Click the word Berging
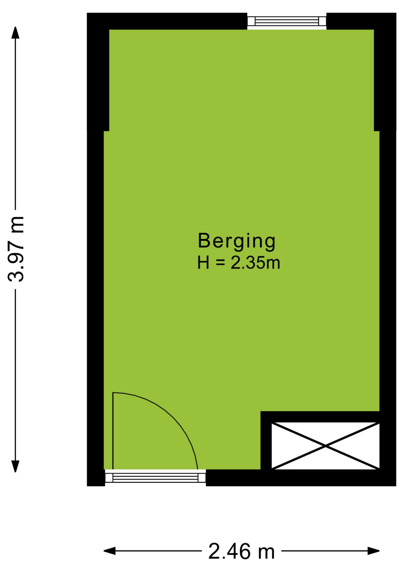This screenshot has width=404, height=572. coord(237,242)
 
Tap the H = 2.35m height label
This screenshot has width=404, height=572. coord(239,263)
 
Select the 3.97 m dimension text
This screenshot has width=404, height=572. coord(15,248)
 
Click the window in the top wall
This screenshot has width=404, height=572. coord(287,21)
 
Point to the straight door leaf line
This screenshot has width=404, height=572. coord(113,431)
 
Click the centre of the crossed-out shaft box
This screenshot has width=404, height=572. coord(325,446)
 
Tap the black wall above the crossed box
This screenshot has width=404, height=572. coord(320,417)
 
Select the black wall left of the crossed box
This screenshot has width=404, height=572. coord(266,440)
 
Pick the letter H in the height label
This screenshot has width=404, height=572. coord(203,263)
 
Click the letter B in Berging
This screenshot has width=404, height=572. coord(204,241)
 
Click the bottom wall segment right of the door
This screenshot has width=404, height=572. coord(301,478)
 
